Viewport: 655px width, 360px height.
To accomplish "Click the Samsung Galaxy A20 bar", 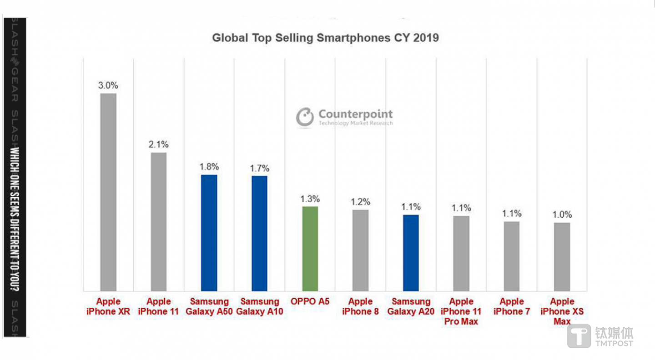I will (411, 253).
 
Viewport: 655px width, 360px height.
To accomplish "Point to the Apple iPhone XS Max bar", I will (562, 256).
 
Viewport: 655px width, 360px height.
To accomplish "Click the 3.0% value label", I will (108, 85).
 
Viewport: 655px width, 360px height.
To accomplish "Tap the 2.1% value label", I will (159, 145).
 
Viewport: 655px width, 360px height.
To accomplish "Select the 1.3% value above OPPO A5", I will (310, 199).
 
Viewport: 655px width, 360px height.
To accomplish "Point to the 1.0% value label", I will (562, 215).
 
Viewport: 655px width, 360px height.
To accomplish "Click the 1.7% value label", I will (260, 168).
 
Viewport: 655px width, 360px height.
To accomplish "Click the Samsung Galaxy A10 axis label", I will (260, 306).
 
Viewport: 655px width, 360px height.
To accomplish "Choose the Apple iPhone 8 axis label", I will (360, 306).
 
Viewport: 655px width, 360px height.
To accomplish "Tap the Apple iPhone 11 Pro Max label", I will (462, 311).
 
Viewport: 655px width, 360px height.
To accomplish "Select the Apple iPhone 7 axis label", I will (512, 306).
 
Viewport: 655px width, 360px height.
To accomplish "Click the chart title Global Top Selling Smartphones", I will (325, 37).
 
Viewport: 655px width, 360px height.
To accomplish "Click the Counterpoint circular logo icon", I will (305, 117).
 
